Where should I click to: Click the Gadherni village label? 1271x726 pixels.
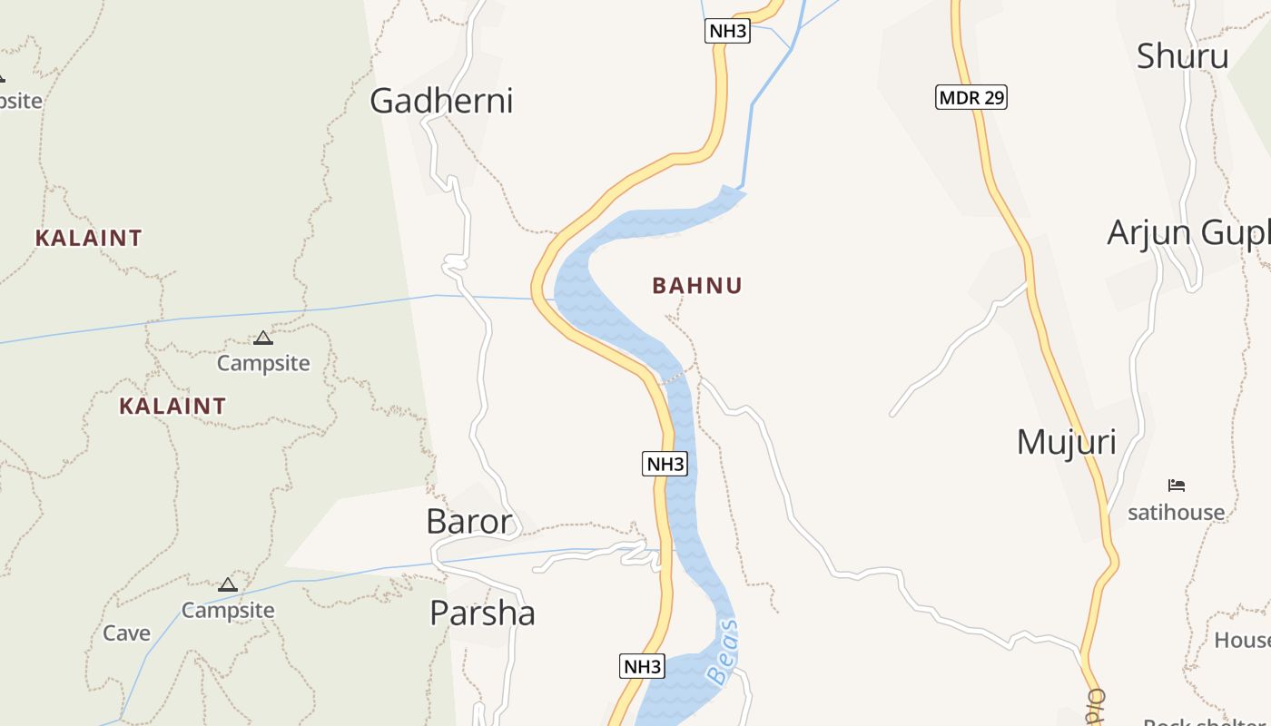(x=441, y=101)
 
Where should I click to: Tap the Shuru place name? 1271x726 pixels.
(x=1182, y=56)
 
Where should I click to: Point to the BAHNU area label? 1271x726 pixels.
(x=697, y=286)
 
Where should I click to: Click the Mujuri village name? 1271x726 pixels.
(x=1066, y=442)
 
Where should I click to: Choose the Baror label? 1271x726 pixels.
(x=469, y=522)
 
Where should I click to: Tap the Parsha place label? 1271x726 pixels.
(x=482, y=613)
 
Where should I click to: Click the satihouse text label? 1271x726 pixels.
(x=1176, y=513)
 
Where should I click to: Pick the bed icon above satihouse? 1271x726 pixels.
(x=1177, y=486)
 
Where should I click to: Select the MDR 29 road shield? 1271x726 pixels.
(x=971, y=97)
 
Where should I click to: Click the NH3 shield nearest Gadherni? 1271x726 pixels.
(x=727, y=31)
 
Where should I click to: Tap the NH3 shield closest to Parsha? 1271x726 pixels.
(x=643, y=667)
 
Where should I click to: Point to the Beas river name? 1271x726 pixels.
(x=723, y=653)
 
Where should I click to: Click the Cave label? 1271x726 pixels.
(x=126, y=633)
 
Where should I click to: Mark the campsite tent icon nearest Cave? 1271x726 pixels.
(x=228, y=585)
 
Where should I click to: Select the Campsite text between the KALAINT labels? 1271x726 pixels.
(x=263, y=364)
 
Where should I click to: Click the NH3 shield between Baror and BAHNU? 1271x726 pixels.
(x=665, y=465)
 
